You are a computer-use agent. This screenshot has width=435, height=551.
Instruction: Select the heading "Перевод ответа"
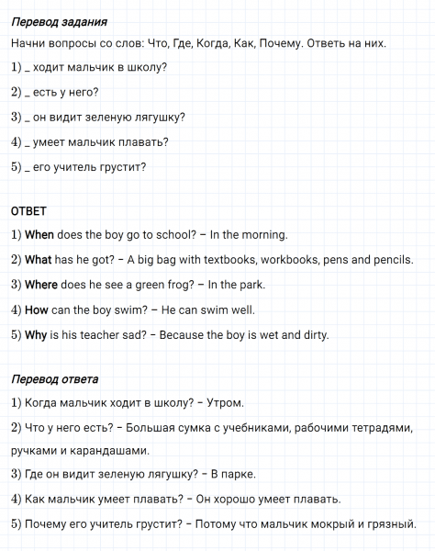(55, 377)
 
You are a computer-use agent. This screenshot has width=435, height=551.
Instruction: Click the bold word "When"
(39, 235)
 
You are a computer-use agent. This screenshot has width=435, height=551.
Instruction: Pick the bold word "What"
(39, 260)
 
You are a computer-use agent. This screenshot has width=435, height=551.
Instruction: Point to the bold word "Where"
(41, 285)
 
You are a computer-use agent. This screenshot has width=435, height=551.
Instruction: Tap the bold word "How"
(36, 309)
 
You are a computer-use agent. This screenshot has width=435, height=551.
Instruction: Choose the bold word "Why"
(36, 334)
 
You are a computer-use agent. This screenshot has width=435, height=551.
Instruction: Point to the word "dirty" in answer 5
(313, 334)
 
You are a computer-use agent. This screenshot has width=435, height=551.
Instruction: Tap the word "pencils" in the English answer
(391, 260)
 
